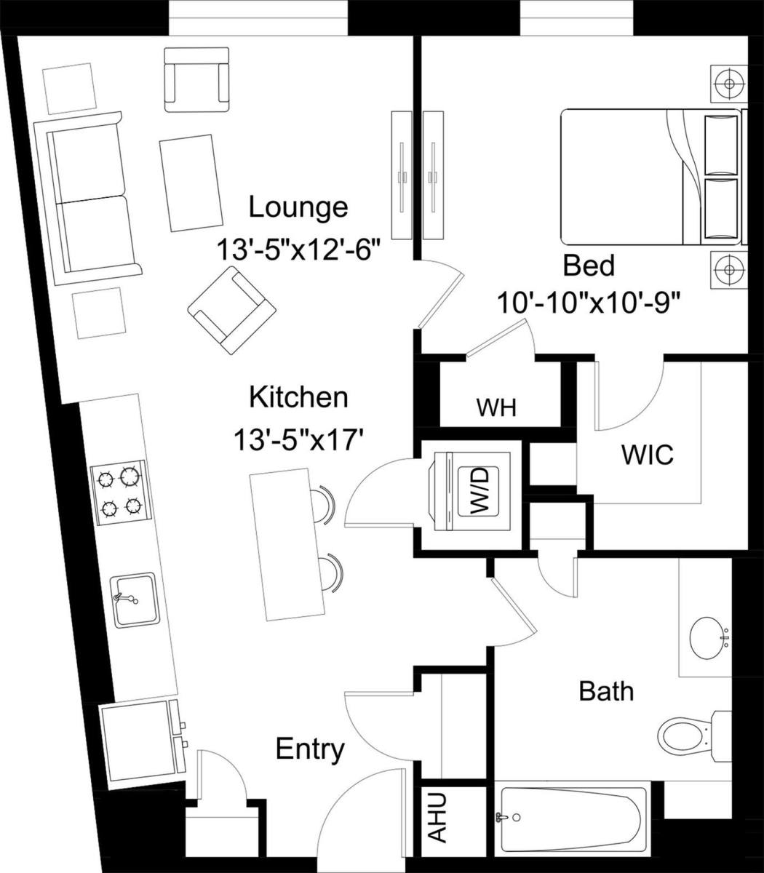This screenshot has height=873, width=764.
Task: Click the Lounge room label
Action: pos(298,207)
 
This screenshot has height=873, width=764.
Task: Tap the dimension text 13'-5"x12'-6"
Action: pos(298,250)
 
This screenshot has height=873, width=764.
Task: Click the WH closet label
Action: pos(496,407)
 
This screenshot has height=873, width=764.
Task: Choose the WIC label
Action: pos(647,455)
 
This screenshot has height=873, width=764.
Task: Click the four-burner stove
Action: pos(120,492)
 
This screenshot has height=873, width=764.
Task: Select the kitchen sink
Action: pos(134,600)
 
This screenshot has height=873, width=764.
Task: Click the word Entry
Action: pos(310,749)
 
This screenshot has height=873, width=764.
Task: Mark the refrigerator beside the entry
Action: pos(138,743)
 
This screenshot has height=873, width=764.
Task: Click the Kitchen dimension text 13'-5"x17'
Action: pos(298,439)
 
